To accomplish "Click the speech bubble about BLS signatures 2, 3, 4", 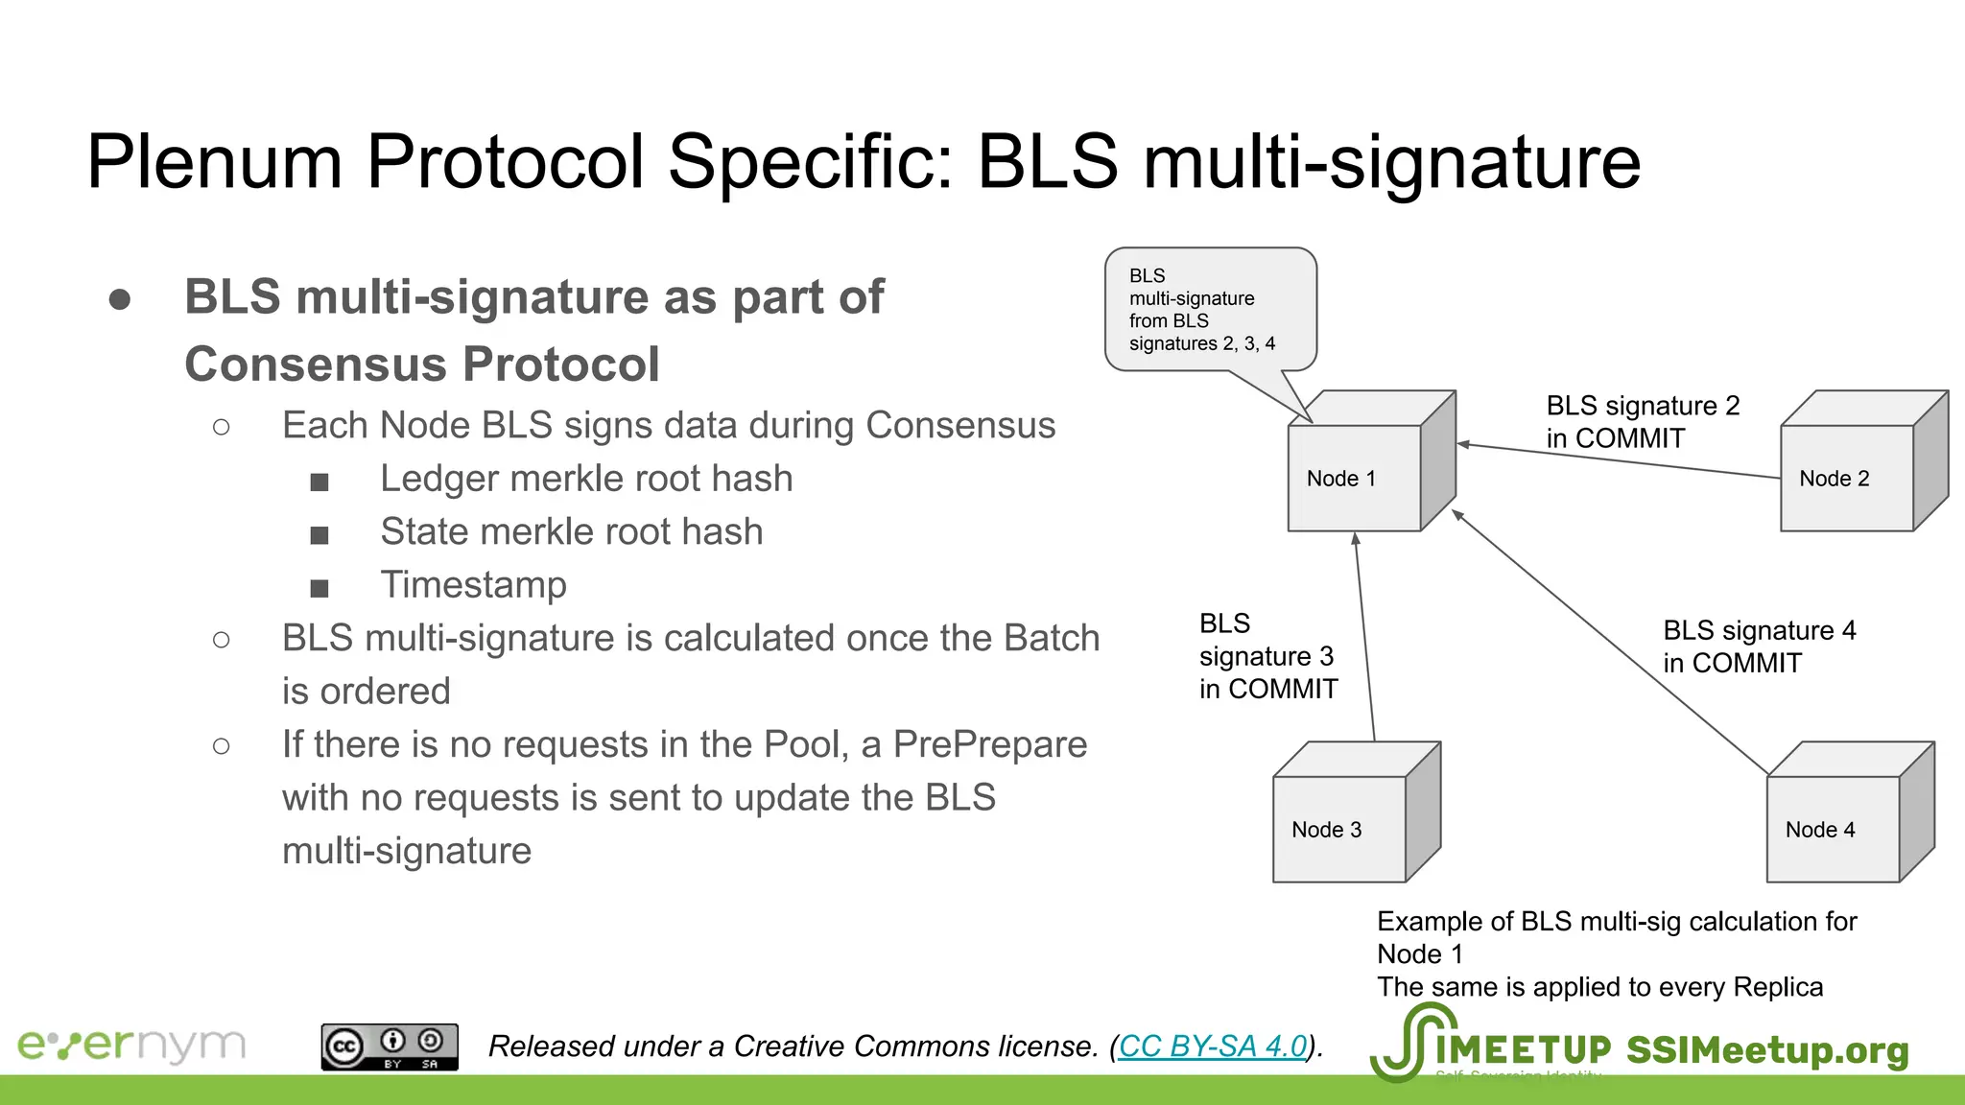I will (x=1210, y=309).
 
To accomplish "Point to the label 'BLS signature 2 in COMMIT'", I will (x=1642, y=422).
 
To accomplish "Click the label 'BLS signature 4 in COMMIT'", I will (x=1759, y=647).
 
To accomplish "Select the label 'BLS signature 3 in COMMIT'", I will (x=1267, y=656).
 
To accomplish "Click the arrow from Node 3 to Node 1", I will (x=1365, y=638).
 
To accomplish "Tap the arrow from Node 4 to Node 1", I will (x=1612, y=642).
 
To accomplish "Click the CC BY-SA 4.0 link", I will (x=1213, y=1046).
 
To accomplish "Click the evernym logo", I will (x=131, y=1045).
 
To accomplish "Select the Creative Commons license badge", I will (x=390, y=1046).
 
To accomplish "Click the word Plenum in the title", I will (x=214, y=161).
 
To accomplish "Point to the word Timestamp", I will (x=473, y=584).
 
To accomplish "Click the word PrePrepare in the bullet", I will (x=989, y=744).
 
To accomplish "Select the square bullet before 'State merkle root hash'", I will (x=320, y=534).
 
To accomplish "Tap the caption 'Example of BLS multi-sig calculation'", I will (x=1617, y=921).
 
